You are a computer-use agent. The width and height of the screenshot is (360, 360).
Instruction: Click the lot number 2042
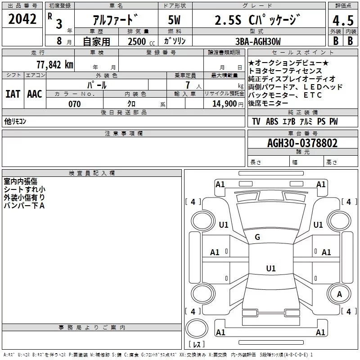pyautogui.click(x=22, y=19)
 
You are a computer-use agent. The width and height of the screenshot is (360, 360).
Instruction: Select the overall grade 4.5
pyautogui.click(x=343, y=20)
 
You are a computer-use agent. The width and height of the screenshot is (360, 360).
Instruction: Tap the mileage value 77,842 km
pyautogui.click(x=55, y=65)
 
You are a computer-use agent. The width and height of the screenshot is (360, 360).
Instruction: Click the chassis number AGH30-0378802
pyautogui.click(x=302, y=143)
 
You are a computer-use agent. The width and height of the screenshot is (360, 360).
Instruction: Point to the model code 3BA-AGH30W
pyautogui.click(x=258, y=41)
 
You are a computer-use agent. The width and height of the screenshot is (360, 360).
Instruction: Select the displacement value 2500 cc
pyautogui.click(x=141, y=41)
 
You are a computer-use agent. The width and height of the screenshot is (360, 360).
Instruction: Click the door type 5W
pyautogui.click(x=174, y=20)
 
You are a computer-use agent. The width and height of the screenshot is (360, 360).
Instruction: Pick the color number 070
pyautogui.click(x=75, y=104)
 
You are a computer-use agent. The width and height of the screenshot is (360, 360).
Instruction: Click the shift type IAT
pyautogui.click(x=13, y=94)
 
